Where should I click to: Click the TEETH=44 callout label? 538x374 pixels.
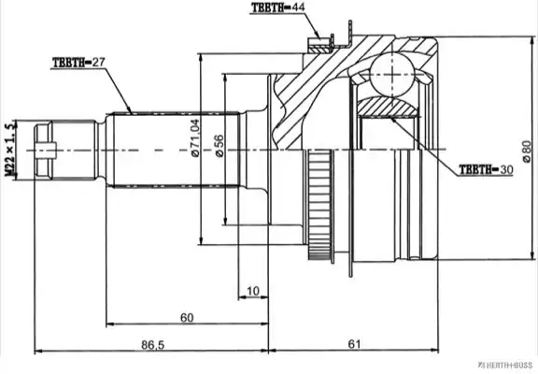pos(278,7)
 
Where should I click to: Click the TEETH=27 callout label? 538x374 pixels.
pos(78,63)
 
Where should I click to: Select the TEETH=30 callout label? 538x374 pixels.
pos(486,169)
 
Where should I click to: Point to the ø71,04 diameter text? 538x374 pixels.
pos(195,137)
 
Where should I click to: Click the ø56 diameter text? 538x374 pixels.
pos(219,146)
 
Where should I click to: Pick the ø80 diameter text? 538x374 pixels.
pos(527,151)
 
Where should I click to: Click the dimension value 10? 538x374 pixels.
pos(253,291)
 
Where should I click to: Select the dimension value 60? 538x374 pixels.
pos(187,318)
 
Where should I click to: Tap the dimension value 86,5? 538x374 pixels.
pos(153,344)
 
